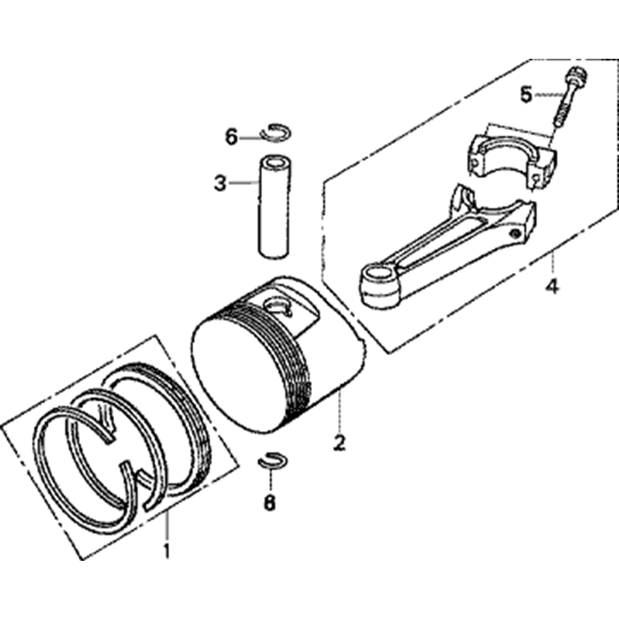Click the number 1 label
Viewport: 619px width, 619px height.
[x=167, y=551]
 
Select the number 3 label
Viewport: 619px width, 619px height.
[x=220, y=183]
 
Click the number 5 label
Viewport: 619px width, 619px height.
[x=526, y=95]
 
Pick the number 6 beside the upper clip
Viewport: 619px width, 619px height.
[x=232, y=137]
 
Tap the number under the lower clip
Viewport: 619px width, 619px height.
[x=270, y=503]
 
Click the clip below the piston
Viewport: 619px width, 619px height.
[x=273, y=459]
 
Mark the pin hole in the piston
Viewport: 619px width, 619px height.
[x=279, y=305]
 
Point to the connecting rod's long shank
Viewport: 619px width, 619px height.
[x=450, y=253]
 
